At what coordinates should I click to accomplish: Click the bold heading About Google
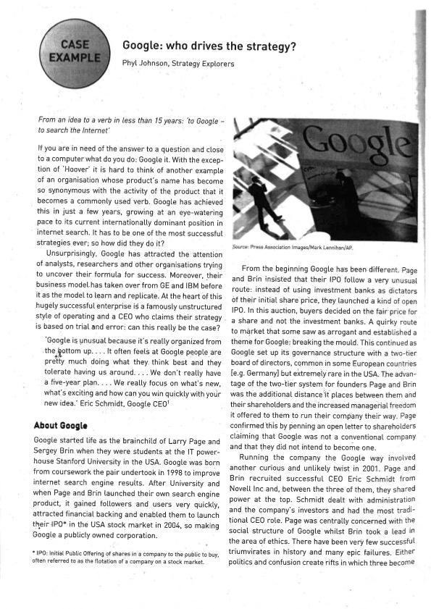61,424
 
